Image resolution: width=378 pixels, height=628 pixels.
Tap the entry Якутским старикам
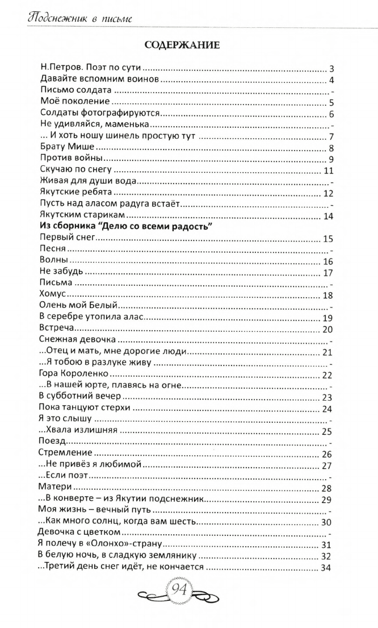pyautogui.click(x=82, y=215)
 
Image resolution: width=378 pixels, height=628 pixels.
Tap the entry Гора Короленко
pyautogui.click(x=73, y=375)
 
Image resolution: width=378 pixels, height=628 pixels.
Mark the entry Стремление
pyautogui.click(x=65, y=454)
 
